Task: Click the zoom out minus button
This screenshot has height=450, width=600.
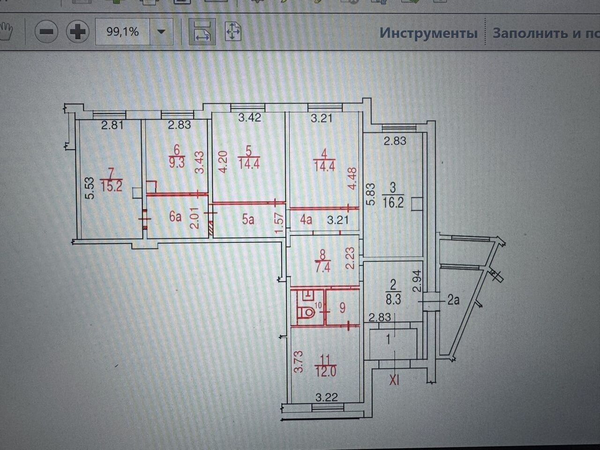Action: [46, 32]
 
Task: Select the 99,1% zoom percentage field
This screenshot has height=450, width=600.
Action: [122, 32]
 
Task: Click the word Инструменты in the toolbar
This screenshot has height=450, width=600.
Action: [428, 33]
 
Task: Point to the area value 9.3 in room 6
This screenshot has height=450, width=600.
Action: [177, 163]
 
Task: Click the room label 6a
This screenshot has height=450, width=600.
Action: [175, 217]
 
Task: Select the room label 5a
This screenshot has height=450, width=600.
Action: [248, 219]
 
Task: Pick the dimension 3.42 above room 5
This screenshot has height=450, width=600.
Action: [249, 118]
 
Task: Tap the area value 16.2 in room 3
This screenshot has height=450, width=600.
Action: [393, 203]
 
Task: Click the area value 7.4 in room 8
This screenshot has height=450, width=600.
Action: [322, 266]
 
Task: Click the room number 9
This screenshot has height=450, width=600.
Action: [342, 308]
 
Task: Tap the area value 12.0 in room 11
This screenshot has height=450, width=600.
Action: [325, 372]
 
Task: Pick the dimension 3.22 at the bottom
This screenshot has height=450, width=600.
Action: [327, 397]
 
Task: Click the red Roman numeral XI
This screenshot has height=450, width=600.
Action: [394, 380]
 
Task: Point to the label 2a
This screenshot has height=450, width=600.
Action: [453, 300]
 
